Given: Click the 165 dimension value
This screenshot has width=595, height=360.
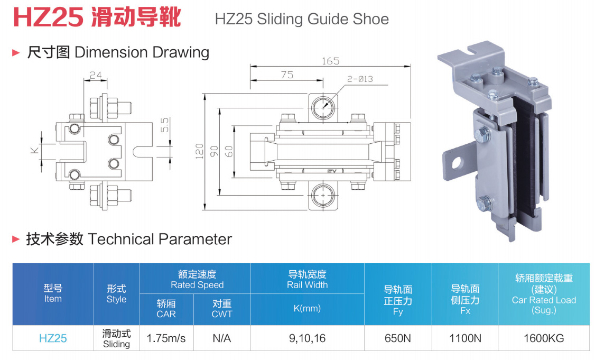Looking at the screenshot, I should click(330, 61).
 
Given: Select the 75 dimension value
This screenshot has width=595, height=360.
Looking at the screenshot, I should click(287, 75).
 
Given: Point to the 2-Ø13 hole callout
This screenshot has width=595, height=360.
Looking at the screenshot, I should click(359, 79).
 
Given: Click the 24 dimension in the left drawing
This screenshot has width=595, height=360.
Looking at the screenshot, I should click(96, 75).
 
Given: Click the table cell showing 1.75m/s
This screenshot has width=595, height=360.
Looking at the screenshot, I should click(166, 338).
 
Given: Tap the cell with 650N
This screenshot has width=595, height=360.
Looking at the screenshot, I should click(398, 338).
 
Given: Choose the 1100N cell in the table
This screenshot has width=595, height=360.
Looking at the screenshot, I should click(465, 338).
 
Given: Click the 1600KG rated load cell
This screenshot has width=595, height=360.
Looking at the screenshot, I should click(544, 338).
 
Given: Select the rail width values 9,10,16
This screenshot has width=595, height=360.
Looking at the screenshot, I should click(308, 338).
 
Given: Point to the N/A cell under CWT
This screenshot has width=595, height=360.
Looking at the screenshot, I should click(222, 338).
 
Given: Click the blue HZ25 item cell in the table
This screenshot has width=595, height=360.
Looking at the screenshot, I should click(53, 338).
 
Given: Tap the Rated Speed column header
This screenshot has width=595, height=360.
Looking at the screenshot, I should click(197, 280).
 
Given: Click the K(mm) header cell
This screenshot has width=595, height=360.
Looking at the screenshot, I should click(308, 308).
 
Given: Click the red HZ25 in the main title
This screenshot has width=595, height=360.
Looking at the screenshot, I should click(48, 17).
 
